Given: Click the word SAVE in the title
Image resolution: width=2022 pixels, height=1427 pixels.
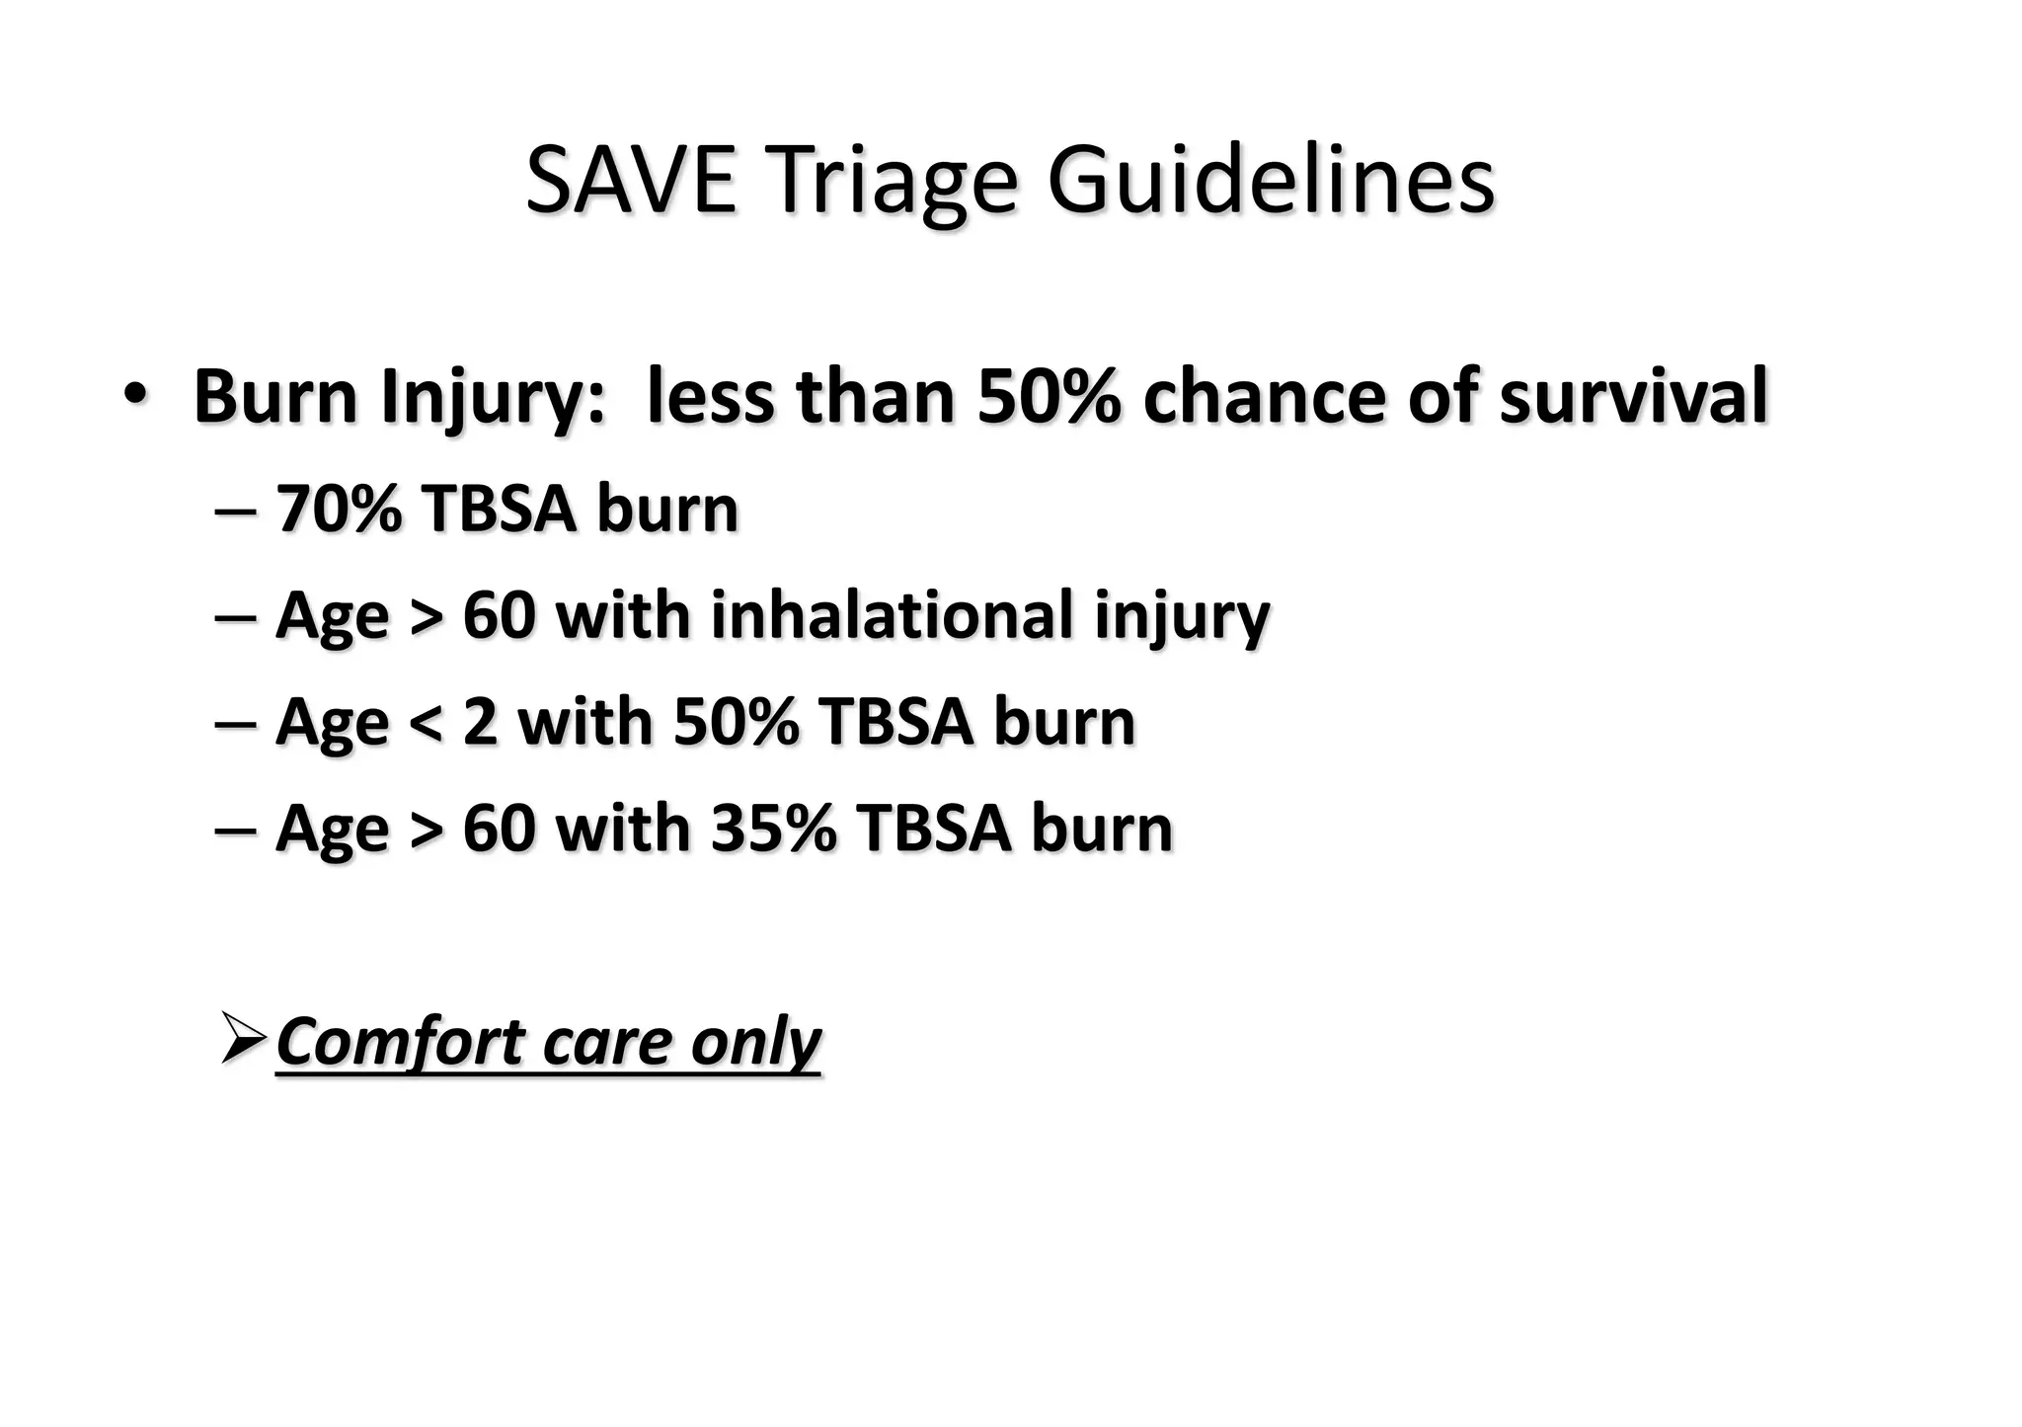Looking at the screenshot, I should [x=631, y=181].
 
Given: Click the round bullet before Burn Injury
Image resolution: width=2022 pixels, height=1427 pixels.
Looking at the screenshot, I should [x=135, y=395].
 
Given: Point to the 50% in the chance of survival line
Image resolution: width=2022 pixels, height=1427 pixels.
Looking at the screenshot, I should [x=1048, y=396].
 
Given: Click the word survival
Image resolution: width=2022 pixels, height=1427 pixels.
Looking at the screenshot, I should [x=1633, y=396].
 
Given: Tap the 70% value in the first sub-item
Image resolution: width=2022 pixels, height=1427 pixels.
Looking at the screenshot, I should [x=339, y=510].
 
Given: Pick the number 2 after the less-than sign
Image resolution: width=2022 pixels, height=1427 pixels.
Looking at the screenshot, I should [x=480, y=722].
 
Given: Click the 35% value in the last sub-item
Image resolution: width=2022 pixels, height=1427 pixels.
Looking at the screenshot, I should [x=773, y=828].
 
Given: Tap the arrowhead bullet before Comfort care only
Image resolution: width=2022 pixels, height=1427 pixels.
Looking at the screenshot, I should [x=243, y=1038].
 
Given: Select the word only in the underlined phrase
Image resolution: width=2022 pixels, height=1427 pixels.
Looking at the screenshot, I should [x=755, y=1042].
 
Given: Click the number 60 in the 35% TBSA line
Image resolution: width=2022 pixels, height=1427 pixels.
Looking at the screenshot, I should [x=500, y=828].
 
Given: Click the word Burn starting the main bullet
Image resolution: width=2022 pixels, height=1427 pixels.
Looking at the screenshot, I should [x=275, y=396].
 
